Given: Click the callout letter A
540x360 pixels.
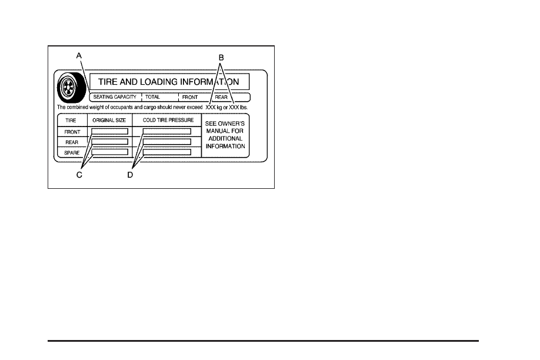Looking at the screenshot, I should pos(78,55).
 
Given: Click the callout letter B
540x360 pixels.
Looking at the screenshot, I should pos(221,57).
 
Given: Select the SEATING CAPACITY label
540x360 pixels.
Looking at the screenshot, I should pos(115,97).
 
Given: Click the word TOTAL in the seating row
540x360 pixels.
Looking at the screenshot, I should pos(152,97).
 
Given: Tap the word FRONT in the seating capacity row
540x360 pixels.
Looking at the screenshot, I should pos(189,97).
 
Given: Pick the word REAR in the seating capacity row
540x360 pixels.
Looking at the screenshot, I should pos(221,97).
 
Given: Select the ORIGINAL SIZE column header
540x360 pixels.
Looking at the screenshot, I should pos(109,120).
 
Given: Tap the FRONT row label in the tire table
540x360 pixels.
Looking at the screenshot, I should pos(72,132).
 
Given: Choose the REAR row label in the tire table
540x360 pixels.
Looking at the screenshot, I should pos(72,142).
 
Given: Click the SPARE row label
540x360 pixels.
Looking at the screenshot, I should pos(72,152).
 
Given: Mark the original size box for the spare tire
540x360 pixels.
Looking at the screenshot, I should pos(109,152).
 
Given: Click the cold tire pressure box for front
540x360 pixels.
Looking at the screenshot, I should pos(166,132).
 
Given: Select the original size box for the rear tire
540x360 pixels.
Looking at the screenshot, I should pos(109,142).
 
